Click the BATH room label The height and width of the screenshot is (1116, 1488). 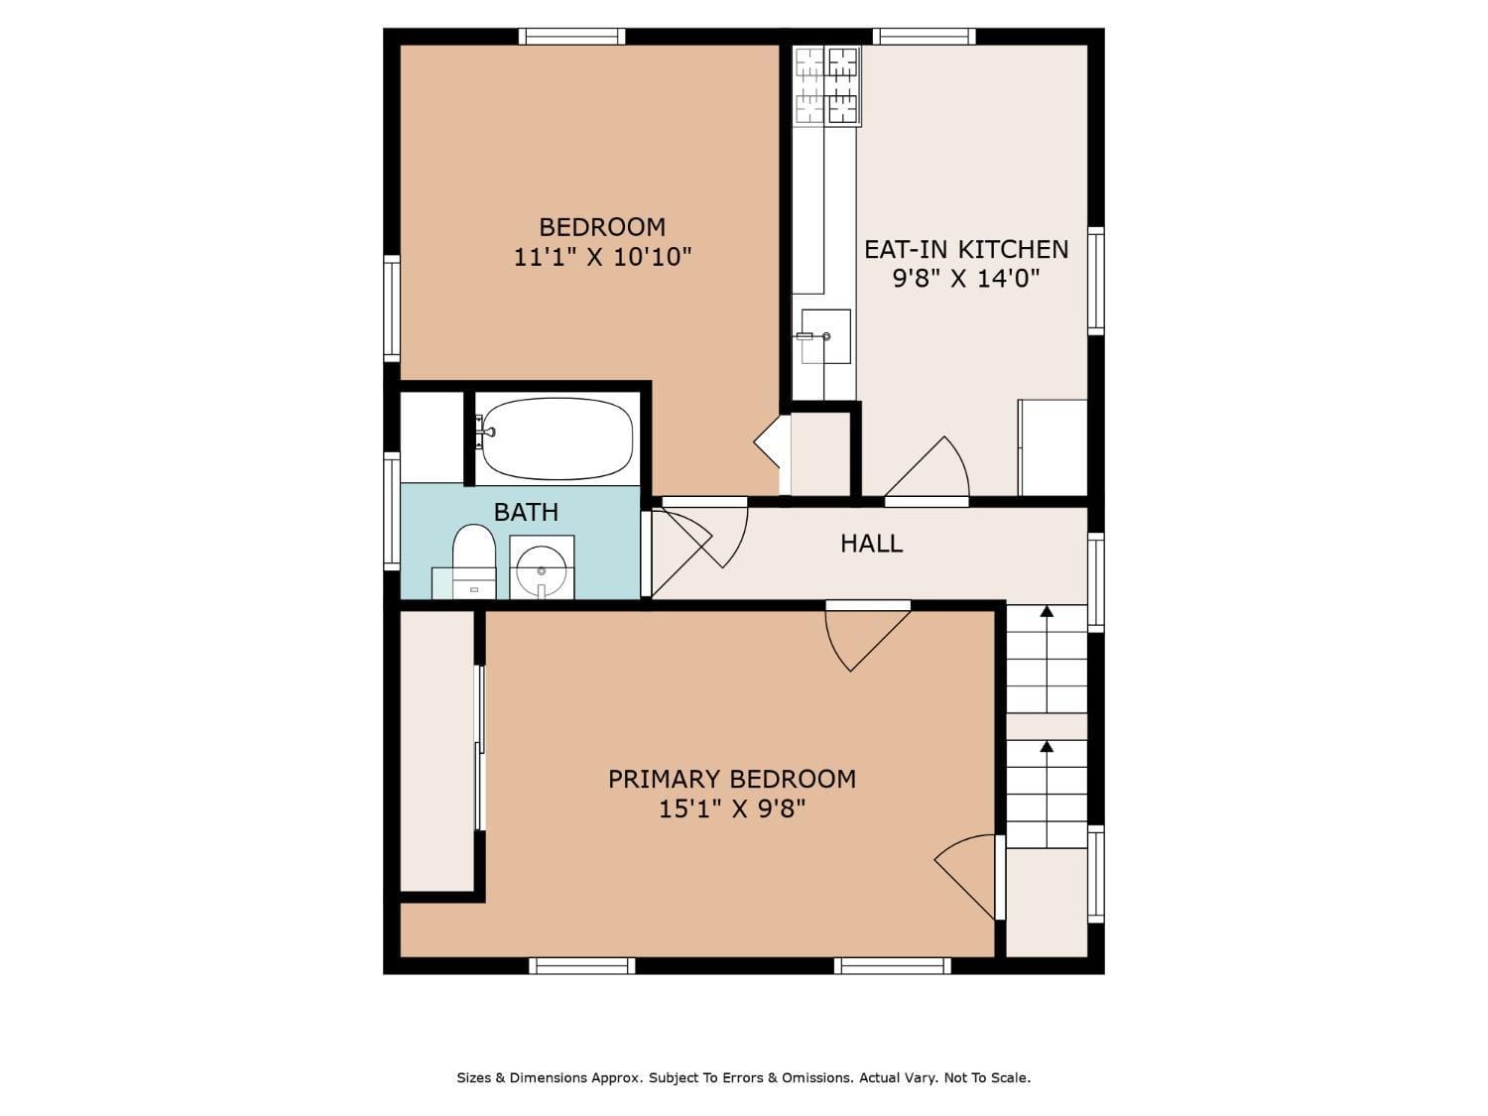526,512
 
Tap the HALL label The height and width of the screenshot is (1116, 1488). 871,544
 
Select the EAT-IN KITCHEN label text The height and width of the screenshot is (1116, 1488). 966,249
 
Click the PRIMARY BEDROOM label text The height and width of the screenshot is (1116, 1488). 731,780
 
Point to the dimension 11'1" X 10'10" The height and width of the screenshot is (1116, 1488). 602,257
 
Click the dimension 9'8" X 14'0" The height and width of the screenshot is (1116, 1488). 966,278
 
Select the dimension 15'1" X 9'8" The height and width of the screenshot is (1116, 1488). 731,809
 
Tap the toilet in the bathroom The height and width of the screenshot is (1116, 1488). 473,561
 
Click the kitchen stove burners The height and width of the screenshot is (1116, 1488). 827,86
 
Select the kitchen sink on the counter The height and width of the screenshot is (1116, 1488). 825,336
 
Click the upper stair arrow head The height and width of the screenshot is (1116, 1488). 1048,611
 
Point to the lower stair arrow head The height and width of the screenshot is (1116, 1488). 1048,746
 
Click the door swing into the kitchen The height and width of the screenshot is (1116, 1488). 927,467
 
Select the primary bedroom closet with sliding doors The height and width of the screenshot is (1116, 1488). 437,751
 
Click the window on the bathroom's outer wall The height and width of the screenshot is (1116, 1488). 392,511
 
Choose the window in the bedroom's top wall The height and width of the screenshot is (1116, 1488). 571,37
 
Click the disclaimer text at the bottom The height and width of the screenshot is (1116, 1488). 744,1077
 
